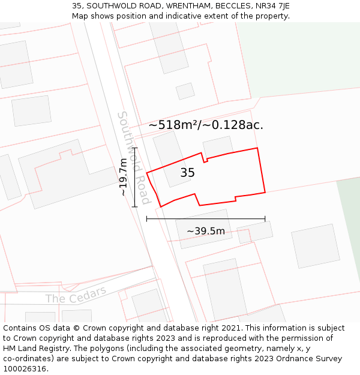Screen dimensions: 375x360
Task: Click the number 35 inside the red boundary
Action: pyautogui.click(x=187, y=173)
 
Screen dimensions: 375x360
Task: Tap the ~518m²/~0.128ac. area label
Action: pyautogui.click(x=206, y=125)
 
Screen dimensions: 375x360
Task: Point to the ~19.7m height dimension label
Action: pyautogui.click(x=123, y=177)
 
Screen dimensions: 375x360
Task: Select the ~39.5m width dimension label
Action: pyautogui.click(x=205, y=232)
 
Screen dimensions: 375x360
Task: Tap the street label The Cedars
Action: pyautogui.click(x=76, y=295)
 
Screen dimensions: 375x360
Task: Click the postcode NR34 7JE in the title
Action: pyautogui.click(x=272, y=6)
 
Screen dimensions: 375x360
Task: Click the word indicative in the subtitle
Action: pyautogui.click(x=178, y=16)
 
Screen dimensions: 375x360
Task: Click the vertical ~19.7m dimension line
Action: pyautogui.click(x=135, y=176)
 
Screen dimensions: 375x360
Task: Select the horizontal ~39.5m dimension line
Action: pyautogui.click(x=205, y=219)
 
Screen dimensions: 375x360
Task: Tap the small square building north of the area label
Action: pyautogui.click(x=185, y=91)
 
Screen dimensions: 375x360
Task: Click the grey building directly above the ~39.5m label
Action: pyautogui.click(x=203, y=228)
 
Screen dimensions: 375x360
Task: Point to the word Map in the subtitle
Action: pyautogui.click(x=80, y=16)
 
